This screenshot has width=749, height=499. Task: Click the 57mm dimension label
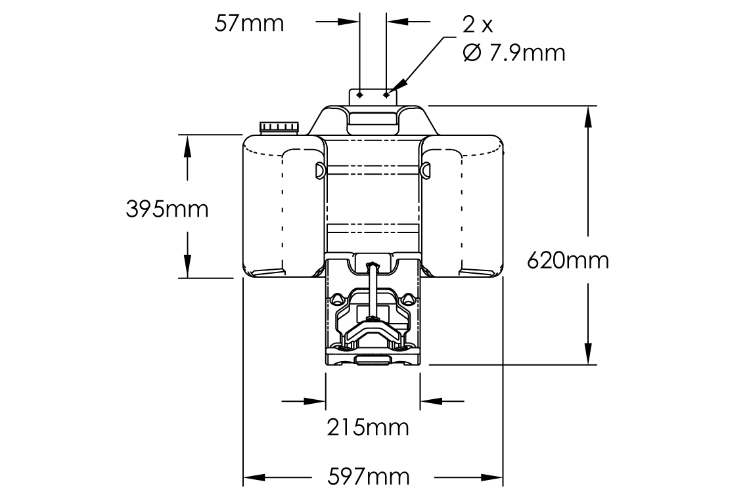pos(249,24)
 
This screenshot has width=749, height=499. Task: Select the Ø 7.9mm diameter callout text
pos(514,53)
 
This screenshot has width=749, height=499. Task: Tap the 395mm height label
pos(167,209)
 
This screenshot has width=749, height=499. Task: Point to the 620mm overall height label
pos(568,261)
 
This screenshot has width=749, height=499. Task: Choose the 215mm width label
pos(368,427)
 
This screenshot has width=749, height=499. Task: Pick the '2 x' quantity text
pos(477,25)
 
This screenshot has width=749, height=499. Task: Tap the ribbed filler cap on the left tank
pos(279,127)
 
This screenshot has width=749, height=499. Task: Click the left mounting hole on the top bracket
pos(359,95)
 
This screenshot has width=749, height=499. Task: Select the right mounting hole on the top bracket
pos(387,95)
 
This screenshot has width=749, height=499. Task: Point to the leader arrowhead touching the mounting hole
pos(394,90)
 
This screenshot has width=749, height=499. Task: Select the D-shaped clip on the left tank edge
pos(320,169)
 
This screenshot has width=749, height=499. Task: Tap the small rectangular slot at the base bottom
pos(373,360)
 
